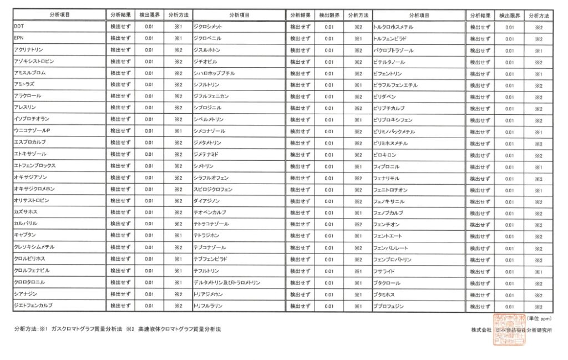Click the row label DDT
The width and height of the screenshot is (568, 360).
click(x=19, y=27)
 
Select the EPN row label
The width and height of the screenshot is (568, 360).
click(x=19, y=38)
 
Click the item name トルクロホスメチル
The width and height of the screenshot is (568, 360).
click(x=393, y=27)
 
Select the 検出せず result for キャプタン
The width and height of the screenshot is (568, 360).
click(x=120, y=235)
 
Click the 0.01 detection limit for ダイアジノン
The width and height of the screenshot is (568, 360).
click(x=329, y=201)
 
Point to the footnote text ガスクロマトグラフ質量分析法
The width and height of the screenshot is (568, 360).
click(x=86, y=329)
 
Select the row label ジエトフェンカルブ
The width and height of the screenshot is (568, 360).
click(x=33, y=305)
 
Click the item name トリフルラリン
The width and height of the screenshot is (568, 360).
click(x=209, y=306)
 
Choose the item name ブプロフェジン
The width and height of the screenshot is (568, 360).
click(x=389, y=306)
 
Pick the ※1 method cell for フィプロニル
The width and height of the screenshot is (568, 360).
click(x=538, y=167)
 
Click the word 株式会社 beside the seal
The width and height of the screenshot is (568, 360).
click(x=481, y=329)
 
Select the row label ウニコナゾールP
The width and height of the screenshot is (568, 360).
click(x=32, y=130)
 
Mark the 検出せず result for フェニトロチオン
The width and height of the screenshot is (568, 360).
click(x=480, y=190)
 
